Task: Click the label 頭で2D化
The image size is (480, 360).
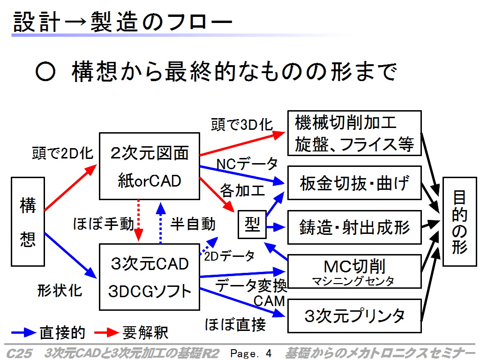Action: [62, 153]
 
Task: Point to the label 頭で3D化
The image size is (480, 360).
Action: [242, 125]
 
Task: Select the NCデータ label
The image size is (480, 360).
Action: [247, 164]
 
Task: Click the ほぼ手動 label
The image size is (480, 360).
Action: [104, 224]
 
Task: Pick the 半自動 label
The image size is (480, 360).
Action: [193, 224]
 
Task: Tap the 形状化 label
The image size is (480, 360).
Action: [60, 290]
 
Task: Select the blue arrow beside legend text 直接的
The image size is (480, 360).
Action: [23, 332]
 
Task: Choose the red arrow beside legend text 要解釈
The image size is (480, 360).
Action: [106, 332]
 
